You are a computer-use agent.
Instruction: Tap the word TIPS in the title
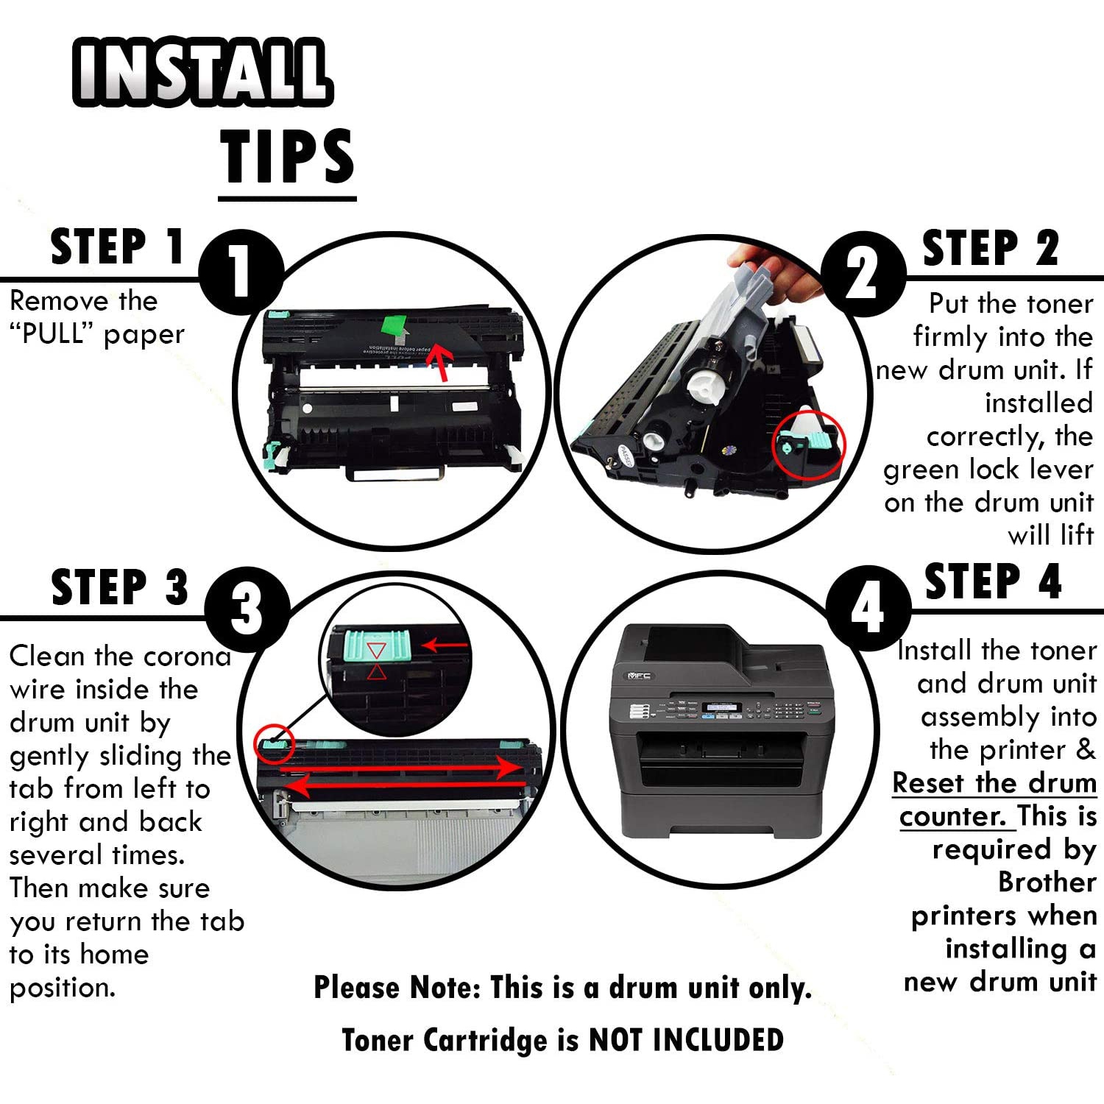coord(288,155)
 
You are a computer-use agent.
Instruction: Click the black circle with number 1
coord(241,272)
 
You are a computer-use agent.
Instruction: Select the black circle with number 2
coord(863,274)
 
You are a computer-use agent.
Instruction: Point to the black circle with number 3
coord(247,610)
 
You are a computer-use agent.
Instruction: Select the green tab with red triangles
coord(376,649)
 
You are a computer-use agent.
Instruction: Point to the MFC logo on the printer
coord(639,676)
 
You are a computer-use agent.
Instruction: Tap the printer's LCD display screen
coord(722,708)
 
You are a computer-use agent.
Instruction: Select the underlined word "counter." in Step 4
coord(952,816)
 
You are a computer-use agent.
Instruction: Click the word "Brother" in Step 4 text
coord(1047,882)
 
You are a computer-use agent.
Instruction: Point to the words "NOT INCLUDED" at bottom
coord(686,1040)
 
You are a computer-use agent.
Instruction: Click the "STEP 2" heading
coord(991,248)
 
